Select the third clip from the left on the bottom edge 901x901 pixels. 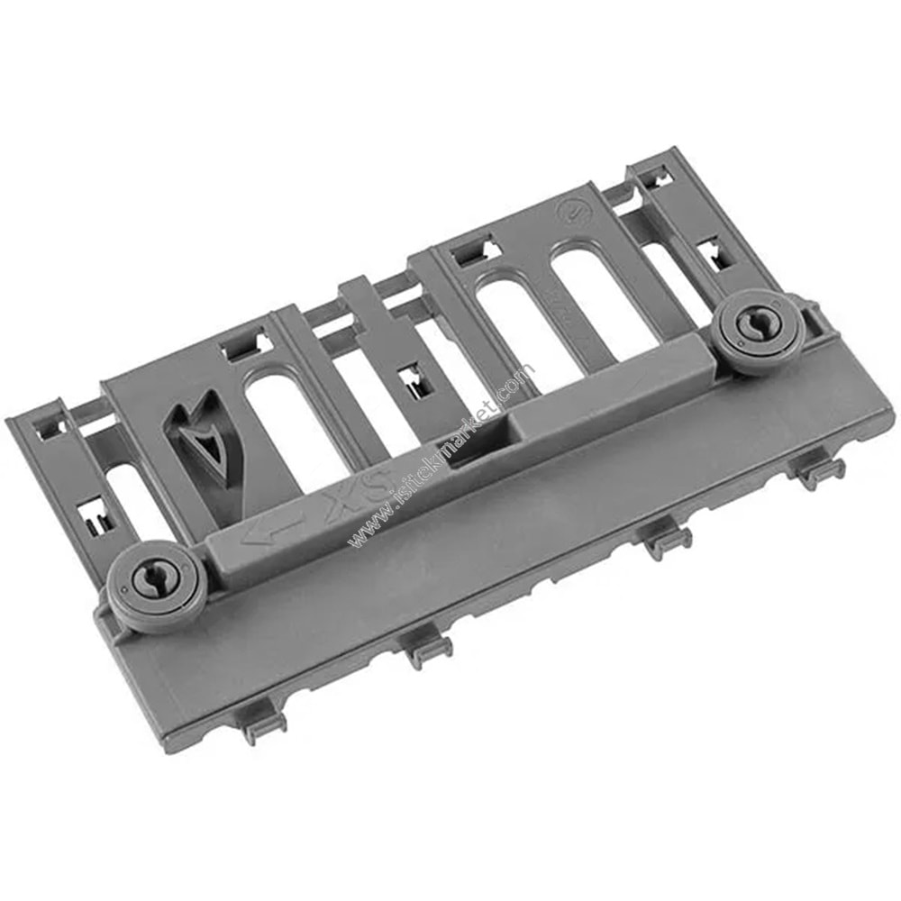[x=666, y=539]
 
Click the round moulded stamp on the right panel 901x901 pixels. [x=569, y=212]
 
